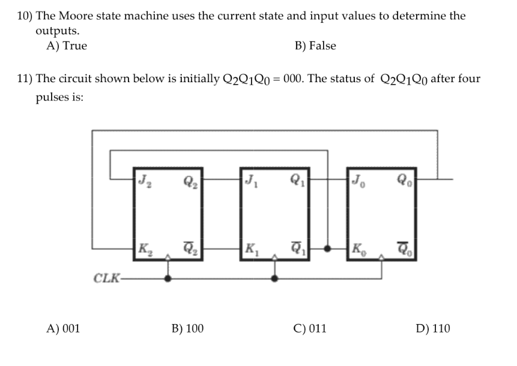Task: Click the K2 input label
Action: coord(145,247)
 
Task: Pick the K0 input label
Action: coord(359,247)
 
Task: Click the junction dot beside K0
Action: coord(328,247)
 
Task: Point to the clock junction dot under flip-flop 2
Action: coord(168,278)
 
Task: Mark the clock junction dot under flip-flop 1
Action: coord(275,278)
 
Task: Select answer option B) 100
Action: coord(187,328)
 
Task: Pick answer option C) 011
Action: coord(310,328)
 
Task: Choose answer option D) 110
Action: coord(432,328)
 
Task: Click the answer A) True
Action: coord(67,46)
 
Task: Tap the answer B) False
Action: coord(315,46)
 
